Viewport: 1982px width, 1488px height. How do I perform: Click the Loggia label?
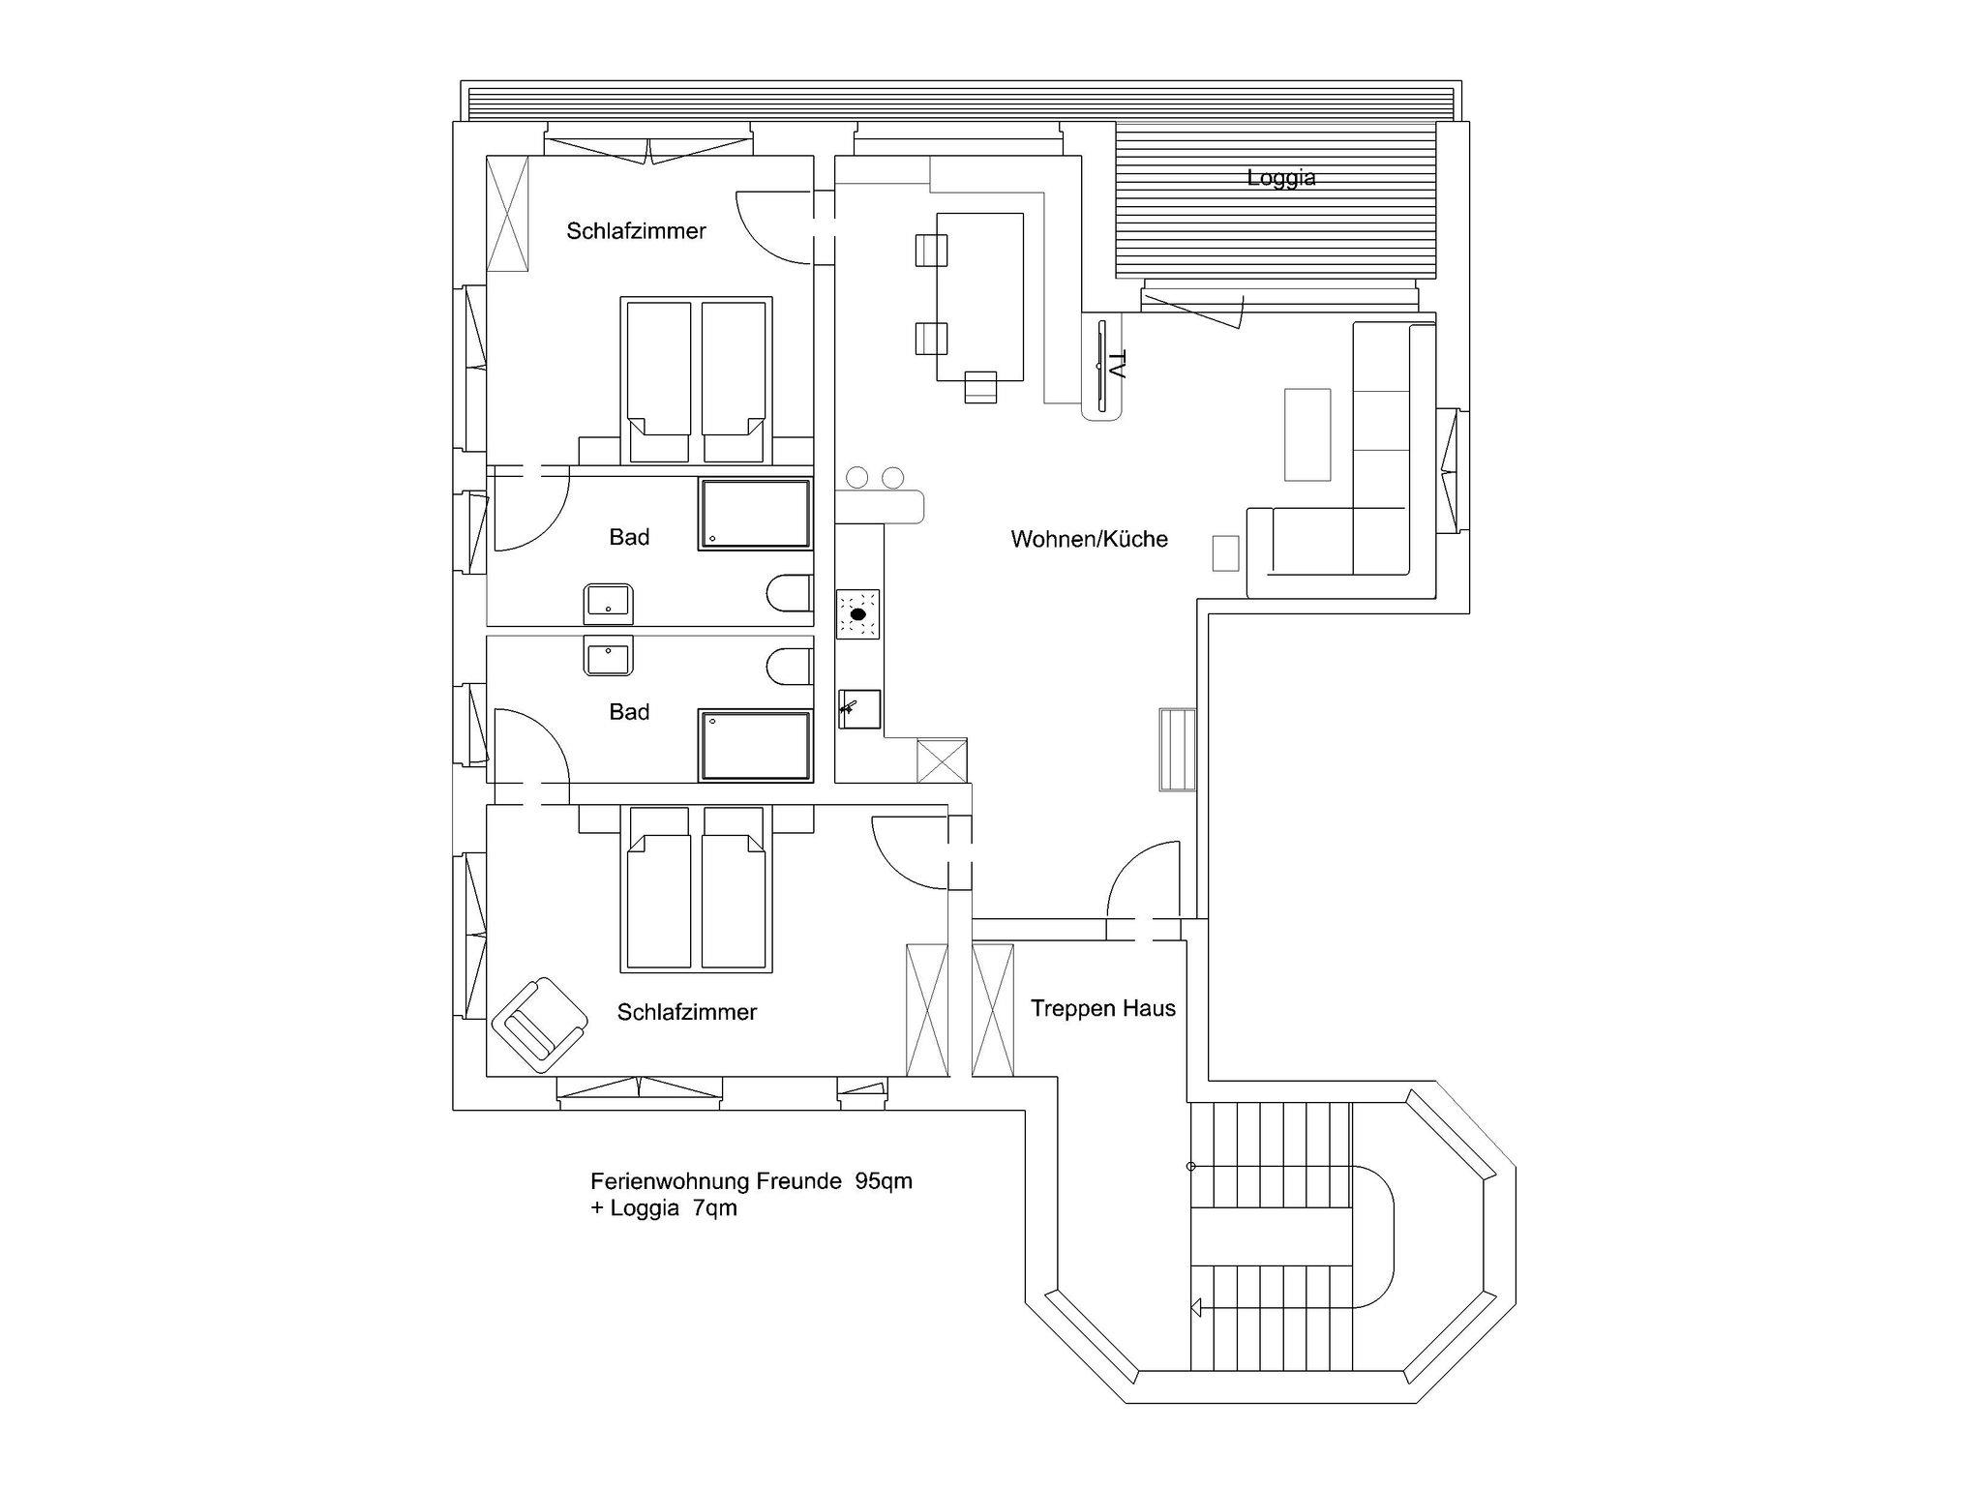point(1280,178)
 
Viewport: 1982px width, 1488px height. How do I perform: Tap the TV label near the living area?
point(1117,365)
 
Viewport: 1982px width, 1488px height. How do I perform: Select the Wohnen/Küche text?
point(1089,539)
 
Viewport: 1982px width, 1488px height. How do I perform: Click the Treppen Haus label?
point(1103,1008)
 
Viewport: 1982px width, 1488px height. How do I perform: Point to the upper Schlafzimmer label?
point(636,230)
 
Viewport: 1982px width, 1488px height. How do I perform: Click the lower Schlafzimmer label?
point(687,1012)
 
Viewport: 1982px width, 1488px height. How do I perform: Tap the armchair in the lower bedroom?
point(539,1025)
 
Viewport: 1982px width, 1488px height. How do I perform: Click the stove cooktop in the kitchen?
point(858,614)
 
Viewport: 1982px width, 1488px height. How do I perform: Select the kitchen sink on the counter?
point(859,709)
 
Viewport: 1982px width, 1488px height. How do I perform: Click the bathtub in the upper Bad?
point(754,515)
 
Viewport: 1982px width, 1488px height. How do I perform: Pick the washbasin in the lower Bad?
point(608,655)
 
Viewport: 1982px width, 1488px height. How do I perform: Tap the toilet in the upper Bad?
point(790,594)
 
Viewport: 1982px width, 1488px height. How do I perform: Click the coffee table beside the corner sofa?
point(1307,434)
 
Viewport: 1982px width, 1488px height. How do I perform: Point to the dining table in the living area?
point(980,297)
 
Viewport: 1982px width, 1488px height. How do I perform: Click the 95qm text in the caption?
point(884,1181)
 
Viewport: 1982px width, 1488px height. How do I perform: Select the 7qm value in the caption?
point(715,1208)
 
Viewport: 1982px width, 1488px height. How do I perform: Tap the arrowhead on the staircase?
point(1196,1308)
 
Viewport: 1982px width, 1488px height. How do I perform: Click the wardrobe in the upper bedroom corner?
point(507,214)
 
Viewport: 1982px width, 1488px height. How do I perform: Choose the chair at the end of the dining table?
point(980,387)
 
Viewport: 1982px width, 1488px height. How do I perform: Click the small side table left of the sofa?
point(1226,553)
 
